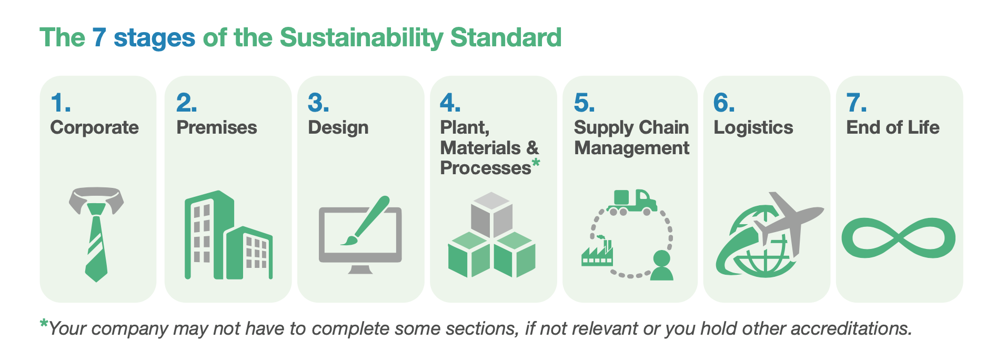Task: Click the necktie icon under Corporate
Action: [x=96, y=234]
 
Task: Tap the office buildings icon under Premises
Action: [x=228, y=235]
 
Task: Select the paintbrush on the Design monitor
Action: [x=365, y=221]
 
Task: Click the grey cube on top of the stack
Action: [x=491, y=215]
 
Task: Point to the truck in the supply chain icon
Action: [x=632, y=202]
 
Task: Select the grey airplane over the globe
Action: [x=786, y=222]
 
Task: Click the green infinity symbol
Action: [x=898, y=238]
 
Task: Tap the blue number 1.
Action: [x=61, y=103]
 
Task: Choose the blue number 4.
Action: [x=450, y=103]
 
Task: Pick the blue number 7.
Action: [x=856, y=103]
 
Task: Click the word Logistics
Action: [x=753, y=128]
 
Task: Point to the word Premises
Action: [x=216, y=127]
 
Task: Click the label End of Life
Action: [x=892, y=127]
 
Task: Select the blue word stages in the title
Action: [x=154, y=38]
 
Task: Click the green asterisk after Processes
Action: [x=536, y=163]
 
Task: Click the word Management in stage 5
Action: [x=631, y=148]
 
